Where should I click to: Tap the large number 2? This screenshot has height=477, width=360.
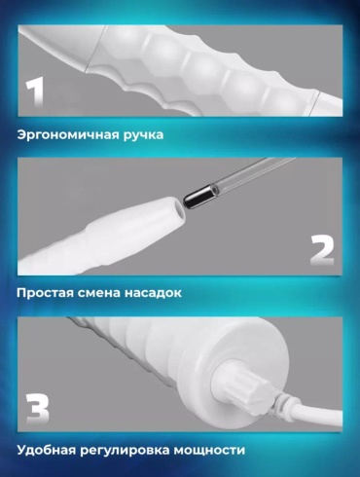(322, 250)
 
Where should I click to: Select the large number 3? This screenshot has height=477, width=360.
(37, 408)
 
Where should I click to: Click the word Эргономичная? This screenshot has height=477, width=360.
(68, 134)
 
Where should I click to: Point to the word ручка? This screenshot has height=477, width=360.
(143, 135)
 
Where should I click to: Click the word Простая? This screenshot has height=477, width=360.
(45, 293)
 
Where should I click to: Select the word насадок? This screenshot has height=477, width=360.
(154, 293)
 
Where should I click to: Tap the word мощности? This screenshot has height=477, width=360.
(209, 451)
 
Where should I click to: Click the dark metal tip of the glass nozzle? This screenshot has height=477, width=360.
(198, 198)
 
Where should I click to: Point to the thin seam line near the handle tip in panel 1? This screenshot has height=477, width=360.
(94, 49)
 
